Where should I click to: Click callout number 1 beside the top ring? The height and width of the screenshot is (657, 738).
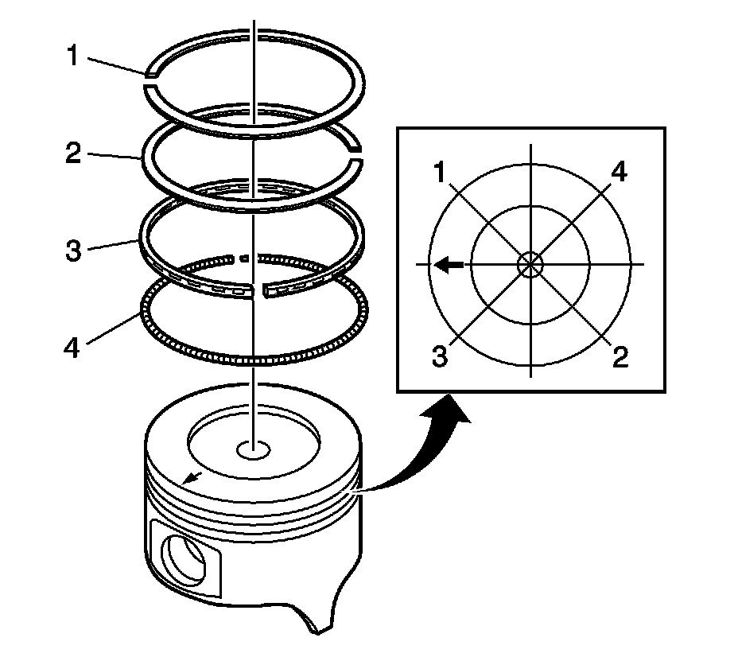[x=72, y=58]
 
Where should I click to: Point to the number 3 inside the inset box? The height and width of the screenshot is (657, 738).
[x=440, y=356]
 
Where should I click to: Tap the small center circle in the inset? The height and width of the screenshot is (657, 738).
[x=530, y=265]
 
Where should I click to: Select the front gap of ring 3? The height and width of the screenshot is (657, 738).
[x=260, y=293]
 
